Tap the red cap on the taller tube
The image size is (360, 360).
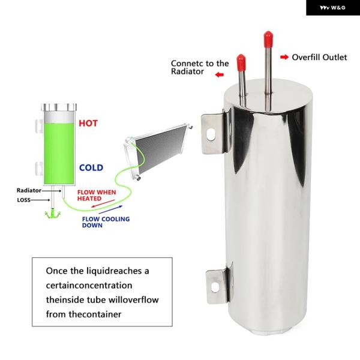pyautogui.click(x=268, y=39)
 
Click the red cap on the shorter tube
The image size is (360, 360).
pyautogui.click(x=241, y=62)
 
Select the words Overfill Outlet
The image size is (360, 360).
pyautogui.click(x=319, y=57)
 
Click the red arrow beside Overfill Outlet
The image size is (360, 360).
pyautogui.click(x=284, y=57)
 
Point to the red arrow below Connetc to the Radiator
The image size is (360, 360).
pyautogui.click(x=220, y=74)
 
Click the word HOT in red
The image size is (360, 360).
pyautogui.click(x=88, y=123)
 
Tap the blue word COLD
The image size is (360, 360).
pyautogui.click(x=91, y=167)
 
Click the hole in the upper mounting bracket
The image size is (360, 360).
pyautogui.click(x=211, y=134)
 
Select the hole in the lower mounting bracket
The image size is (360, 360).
pyautogui.click(x=215, y=287)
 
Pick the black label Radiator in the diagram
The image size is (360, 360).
pyautogui.click(x=29, y=190)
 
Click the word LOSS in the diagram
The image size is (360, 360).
pyautogui.click(x=23, y=200)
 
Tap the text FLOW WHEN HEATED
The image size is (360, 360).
pyautogui.click(x=97, y=196)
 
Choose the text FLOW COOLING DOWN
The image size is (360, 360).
pyautogui.click(x=106, y=222)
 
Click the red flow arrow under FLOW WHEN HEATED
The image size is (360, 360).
pyautogui.click(x=103, y=203)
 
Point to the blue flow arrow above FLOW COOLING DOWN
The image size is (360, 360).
pyautogui.click(x=110, y=209)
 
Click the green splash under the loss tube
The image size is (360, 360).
pyautogui.click(x=53, y=213)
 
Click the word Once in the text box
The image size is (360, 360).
pyautogui.click(x=57, y=271)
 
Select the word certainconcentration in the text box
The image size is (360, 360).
pyautogui.click(x=89, y=286)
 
